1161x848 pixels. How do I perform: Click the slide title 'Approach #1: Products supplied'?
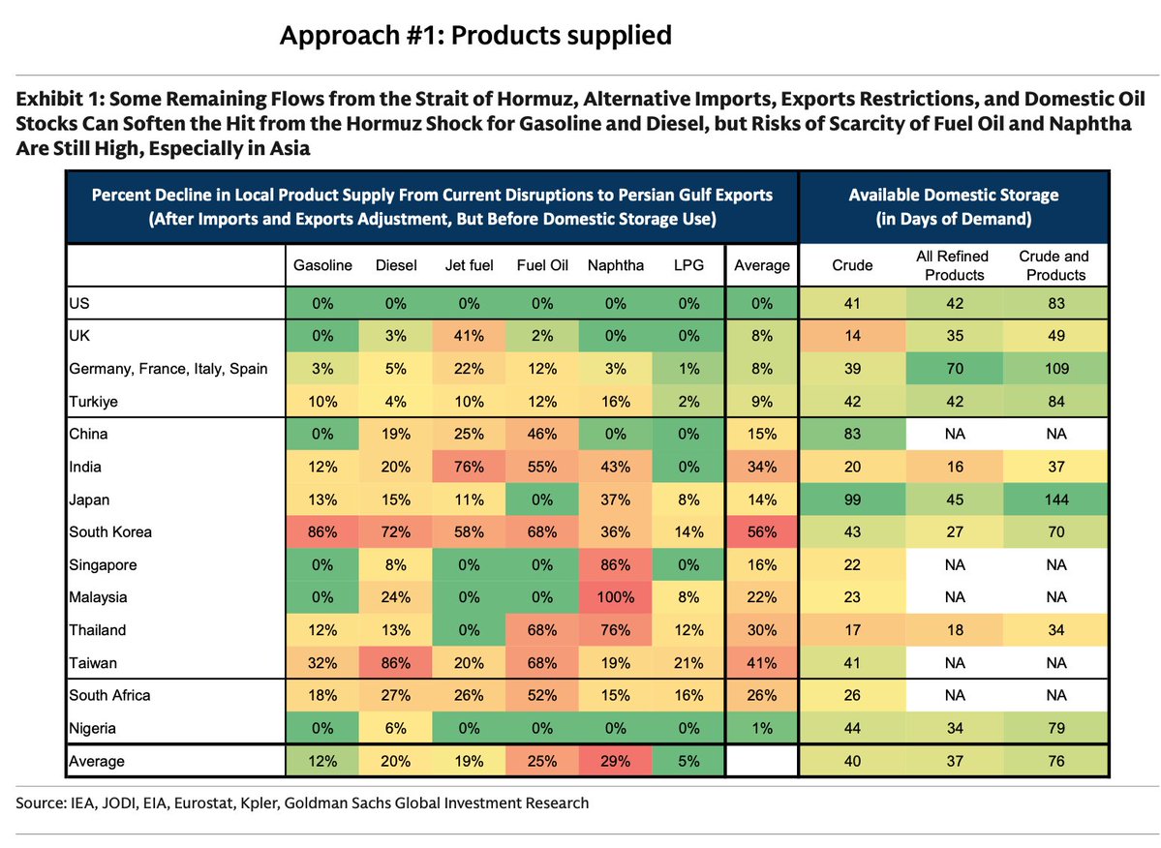[x=475, y=36]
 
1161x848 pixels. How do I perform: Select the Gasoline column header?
[x=322, y=265]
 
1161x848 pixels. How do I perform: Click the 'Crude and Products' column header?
[x=1054, y=265]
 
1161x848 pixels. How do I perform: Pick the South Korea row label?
[x=110, y=532]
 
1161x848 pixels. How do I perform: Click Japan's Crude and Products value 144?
[x=1054, y=500]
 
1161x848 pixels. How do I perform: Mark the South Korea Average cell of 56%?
[x=761, y=532]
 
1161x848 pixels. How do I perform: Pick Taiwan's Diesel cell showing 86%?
[x=395, y=663]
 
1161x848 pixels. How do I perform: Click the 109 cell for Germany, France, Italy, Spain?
[x=1054, y=369]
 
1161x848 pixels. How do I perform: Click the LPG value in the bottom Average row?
[x=689, y=762]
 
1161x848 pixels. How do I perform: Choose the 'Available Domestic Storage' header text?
[x=953, y=195]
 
